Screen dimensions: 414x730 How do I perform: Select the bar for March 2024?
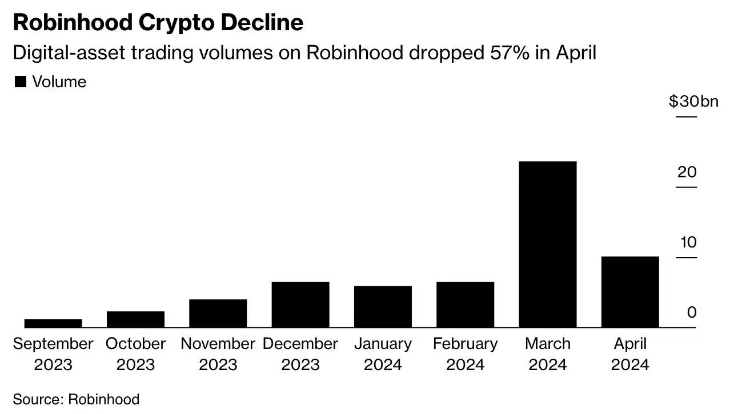click(548, 244)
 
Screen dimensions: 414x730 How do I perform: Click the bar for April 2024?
click(630, 291)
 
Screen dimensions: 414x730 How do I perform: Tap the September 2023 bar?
click(53, 323)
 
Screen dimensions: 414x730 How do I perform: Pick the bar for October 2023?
click(135, 319)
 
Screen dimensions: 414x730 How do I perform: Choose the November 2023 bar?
click(218, 313)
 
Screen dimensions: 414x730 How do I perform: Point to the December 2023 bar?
click(300, 304)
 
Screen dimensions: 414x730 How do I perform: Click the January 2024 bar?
click(383, 306)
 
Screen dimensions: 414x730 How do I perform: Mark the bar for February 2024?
click(465, 304)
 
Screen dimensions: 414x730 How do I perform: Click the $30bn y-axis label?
click(693, 102)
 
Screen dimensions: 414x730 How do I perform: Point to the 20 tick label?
click(687, 172)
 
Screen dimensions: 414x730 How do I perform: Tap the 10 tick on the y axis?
click(688, 242)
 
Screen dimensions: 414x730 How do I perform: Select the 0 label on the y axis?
click(692, 312)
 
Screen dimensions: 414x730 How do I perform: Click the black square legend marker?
click(21, 82)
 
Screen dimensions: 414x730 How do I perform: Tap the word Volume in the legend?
click(59, 82)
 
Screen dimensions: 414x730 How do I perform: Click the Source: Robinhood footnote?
click(76, 399)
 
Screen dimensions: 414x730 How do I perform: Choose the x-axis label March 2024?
click(548, 354)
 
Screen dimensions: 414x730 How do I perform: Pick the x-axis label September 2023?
click(53, 354)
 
